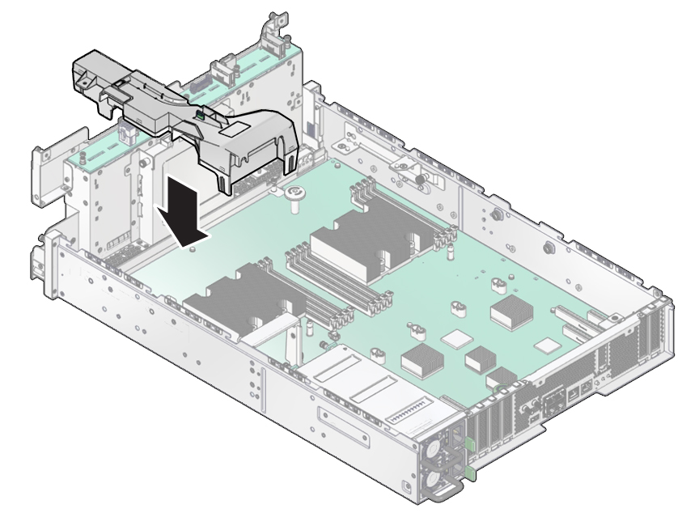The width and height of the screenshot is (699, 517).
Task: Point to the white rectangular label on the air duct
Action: coord(239,129)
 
